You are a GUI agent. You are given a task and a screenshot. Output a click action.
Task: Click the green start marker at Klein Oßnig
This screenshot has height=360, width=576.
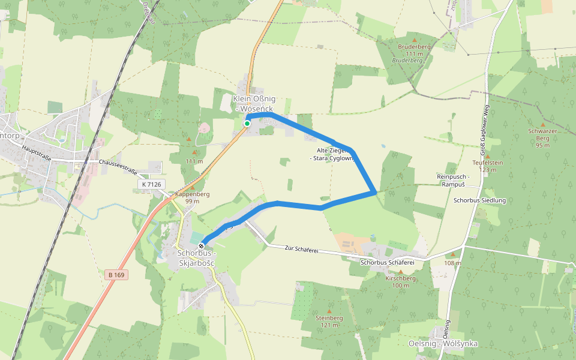[x=247, y=124]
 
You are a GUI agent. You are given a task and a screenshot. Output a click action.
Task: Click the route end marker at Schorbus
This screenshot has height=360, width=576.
[x=202, y=245]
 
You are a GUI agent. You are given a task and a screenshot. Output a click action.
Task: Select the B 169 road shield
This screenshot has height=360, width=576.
[x=116, y=275]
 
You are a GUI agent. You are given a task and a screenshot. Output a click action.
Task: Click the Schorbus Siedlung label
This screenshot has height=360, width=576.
[x=480, y=200]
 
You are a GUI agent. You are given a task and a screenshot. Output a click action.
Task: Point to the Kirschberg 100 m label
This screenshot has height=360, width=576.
[x=400, y=281]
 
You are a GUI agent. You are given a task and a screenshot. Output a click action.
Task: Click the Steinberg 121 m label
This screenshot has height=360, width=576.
[x=329, y=321]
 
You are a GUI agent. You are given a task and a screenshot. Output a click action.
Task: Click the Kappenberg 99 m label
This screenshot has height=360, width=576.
[x=192, y=198]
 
